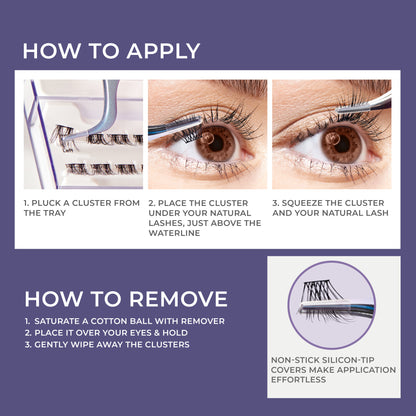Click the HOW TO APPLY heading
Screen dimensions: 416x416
pyautogui.click(x=111, y=51)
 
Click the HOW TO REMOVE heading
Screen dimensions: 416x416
pyautogui.click(x=126, y=298)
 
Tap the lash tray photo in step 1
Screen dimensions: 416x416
pyautogui.click(x=83, y=134)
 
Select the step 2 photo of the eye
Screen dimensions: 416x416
pyautogui.click(x=207, y=134)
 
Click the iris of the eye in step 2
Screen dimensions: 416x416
pyautogui.click(x=212, y=143)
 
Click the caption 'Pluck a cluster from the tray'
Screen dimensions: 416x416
pyautogui.click(x=82, y=207)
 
